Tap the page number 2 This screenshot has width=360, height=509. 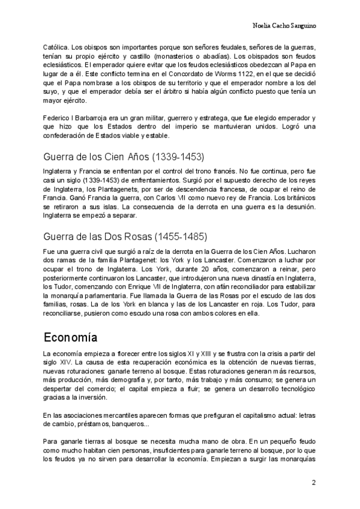click(x=313, y=483)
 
